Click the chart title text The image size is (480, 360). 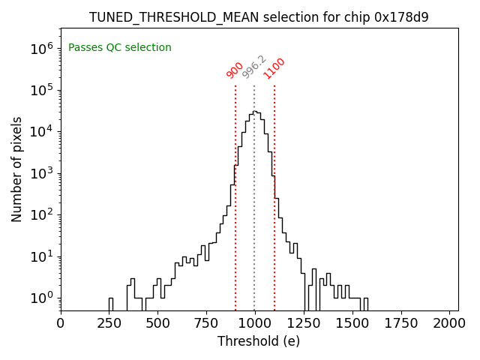point(259,17)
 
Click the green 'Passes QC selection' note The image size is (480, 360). point(120,48)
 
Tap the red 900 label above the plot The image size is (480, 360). point(235,70)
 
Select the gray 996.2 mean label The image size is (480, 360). point(254,67)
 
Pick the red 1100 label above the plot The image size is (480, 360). point(274,68)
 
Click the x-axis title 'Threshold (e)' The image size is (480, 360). point(259,341)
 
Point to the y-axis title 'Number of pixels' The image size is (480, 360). point(17,169)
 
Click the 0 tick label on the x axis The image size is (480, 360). point(61,323)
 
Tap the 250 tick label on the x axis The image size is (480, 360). point(109,323)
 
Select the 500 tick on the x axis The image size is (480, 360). point(158,323)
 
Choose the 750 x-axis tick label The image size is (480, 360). point(207,323)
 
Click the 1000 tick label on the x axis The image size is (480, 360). point(255,323)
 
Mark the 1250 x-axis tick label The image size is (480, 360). point(304,323)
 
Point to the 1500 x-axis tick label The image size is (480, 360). point(352,323)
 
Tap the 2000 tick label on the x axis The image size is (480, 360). point(450,323)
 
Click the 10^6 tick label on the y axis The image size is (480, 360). point(42,49)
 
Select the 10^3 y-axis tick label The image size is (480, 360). point(42,173)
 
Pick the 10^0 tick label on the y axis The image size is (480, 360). point(42,298)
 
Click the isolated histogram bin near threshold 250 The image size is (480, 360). point(110,304)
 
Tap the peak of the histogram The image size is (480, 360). point(255,112)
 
